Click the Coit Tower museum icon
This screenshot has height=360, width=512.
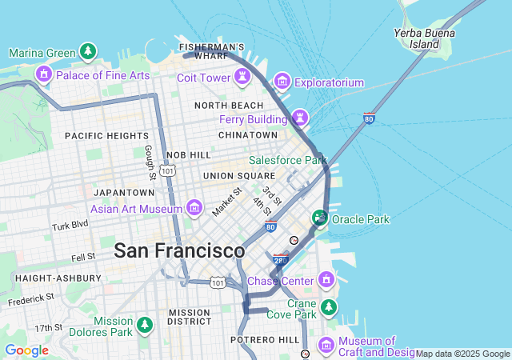point(241,78)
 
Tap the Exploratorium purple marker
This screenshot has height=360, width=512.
point(282,82)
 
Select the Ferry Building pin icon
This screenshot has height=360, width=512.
point(300,118)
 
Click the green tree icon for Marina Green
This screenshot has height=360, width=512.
point(88,53)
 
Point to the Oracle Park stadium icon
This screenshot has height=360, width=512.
point(320,218)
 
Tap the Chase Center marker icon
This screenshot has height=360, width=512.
point(326,280)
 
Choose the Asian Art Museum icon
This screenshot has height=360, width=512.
point(194,209)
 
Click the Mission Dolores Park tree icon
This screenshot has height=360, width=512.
point(145,326)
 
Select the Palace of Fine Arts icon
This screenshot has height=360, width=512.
point(43,75)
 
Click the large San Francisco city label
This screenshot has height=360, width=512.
point(179,250)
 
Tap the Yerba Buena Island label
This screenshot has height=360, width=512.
point(424,38)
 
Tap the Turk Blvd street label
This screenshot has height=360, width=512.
point(70,226)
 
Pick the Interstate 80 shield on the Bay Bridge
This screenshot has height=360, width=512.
point(369,118)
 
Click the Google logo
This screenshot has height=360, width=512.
point(26,350)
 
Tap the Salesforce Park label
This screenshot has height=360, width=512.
point(288,160)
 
